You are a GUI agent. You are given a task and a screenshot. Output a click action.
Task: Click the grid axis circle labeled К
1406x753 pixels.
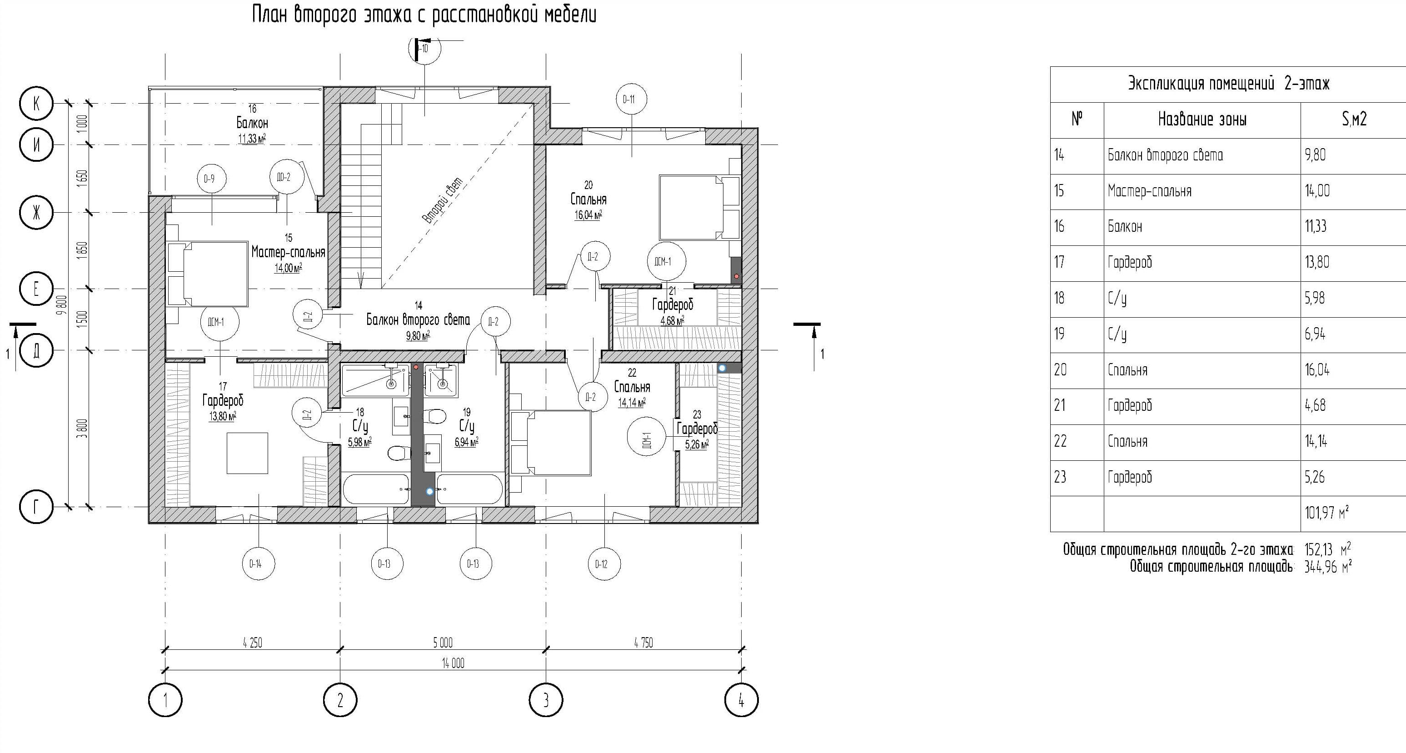tap(36, 103)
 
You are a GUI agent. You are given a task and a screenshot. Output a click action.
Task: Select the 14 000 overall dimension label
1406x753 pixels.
tap(453, 663)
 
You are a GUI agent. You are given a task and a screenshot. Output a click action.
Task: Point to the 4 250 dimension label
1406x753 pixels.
tap(252, 643)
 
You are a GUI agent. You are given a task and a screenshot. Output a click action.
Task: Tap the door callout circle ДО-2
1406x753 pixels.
tap(287, 177)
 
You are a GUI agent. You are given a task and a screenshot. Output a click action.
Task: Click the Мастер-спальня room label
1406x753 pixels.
tap(288, 252)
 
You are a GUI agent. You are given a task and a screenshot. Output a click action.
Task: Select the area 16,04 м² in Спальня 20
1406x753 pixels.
tap(588, 215)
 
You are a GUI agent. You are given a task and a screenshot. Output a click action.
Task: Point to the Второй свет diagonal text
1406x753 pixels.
tap(443, 200)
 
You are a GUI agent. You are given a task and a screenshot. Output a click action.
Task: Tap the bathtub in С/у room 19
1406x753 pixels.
tap(470, 489)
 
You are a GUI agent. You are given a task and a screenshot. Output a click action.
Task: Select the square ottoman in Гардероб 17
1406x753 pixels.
tap(247, 453)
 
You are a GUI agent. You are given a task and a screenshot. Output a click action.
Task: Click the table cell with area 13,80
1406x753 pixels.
tap(1317, 262)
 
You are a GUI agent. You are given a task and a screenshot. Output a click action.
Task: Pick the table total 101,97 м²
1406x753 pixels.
tap(1326, 512)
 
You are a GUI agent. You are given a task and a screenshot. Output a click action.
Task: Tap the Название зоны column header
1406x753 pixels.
tap(1202, 120)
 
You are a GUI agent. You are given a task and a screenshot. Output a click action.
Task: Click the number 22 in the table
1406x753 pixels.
tap(1060, 441)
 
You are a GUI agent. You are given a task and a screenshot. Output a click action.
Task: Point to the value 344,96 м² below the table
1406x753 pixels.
tap(1328, 567)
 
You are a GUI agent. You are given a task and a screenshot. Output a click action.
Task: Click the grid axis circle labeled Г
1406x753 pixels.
tap(36, 507)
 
